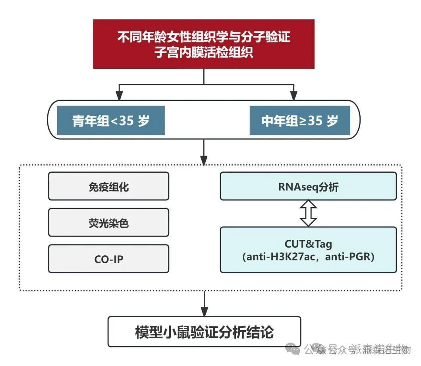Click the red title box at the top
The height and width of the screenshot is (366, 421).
tap(204, 44)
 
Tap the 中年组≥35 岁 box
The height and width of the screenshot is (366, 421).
tap(300, 121)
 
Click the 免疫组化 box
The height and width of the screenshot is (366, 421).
tap(108, 187)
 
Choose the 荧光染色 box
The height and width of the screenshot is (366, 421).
tap(108, 223)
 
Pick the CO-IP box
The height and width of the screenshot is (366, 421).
tap(108, 259)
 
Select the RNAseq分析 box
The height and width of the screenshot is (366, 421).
tap(308, 186)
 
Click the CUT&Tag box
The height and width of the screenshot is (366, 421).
tap(308, 250)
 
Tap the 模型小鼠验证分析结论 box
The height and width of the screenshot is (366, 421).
tap(204, 331)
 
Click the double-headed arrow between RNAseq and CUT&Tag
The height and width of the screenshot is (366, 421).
tap(308, 213)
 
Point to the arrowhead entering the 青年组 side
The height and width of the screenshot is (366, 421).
tap(118, 95)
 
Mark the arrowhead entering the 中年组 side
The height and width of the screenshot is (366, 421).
tap(294, 95)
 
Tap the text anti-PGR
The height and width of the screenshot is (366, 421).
tap(349, 257)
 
